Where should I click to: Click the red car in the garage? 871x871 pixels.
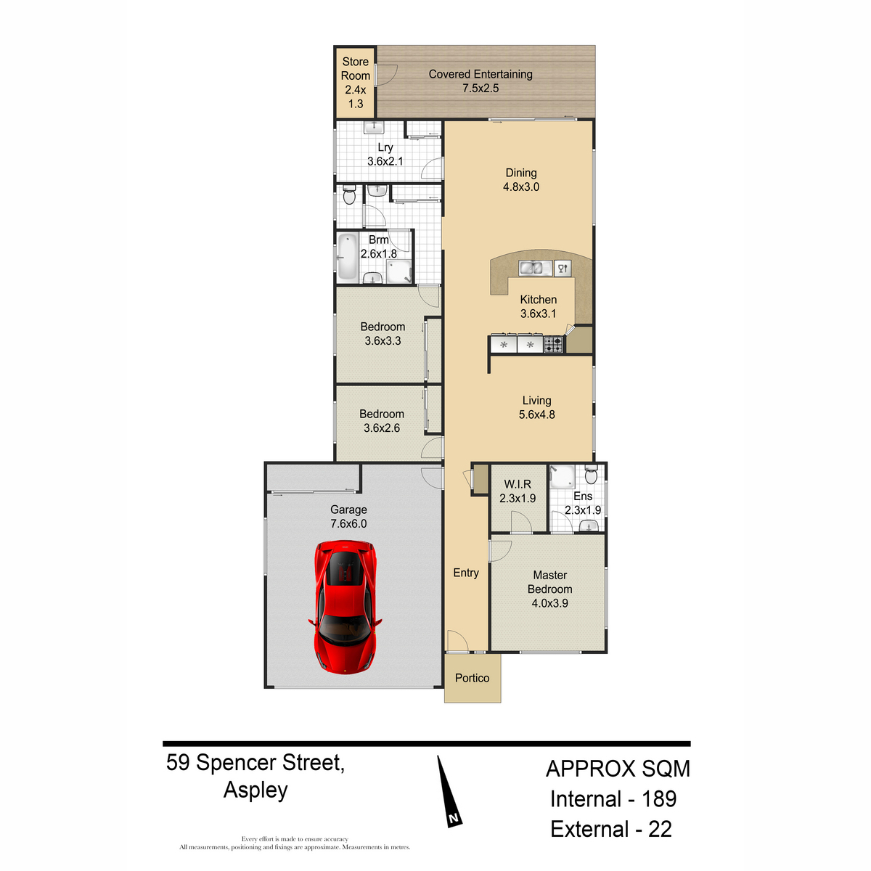345,607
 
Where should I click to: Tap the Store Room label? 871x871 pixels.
355,69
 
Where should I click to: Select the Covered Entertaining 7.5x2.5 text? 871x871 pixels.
481,81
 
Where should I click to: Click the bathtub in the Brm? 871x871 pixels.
347,256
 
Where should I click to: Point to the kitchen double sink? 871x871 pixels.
535,268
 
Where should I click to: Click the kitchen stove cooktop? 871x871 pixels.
553,345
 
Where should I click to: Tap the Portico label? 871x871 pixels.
472,678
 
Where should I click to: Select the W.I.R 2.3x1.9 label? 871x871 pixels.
518,491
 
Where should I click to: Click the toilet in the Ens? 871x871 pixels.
591,474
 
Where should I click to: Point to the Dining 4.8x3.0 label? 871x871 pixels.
521,179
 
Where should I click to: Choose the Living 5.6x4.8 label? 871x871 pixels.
536,407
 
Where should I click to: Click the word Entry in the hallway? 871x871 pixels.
466,573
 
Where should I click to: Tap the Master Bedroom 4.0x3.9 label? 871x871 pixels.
549,589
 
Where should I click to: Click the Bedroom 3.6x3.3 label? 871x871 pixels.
383,334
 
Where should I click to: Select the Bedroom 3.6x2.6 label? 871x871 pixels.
382,421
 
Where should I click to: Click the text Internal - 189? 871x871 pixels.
613,798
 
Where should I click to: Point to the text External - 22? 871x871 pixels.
611,829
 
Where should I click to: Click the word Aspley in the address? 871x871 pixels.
255,790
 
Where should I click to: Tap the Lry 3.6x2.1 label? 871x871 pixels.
385,154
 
